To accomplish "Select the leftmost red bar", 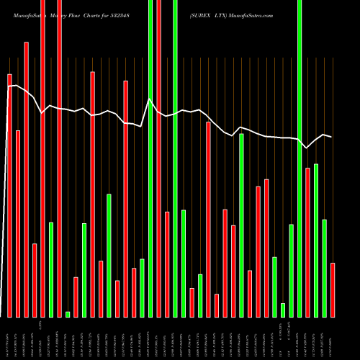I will (9, 194).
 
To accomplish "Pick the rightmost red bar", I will (333, 289).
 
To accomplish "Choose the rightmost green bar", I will (324, 268).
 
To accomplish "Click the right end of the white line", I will (332, 137).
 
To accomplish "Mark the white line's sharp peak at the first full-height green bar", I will (150, 99).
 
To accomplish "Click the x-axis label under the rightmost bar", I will (333, 338).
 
